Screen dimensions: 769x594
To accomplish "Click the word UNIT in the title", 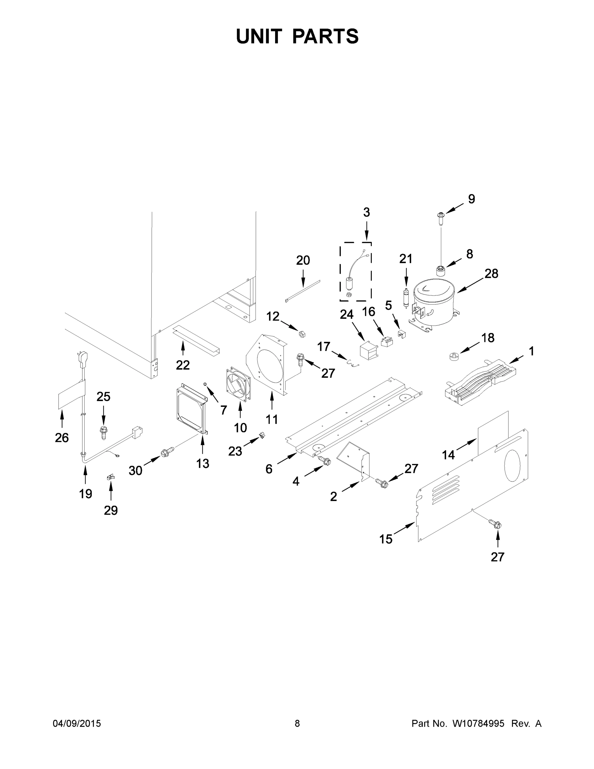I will pos(259,37).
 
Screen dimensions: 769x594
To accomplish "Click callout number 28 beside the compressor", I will pos(491,274).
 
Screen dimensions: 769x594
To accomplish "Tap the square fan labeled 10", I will pos(238,384).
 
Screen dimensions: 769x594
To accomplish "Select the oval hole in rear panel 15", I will pos(512,466).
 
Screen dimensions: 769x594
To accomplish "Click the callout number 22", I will pos(183,365).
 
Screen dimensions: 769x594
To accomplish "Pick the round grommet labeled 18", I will pos(455,356).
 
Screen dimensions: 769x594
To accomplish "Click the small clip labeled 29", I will pos(110,477).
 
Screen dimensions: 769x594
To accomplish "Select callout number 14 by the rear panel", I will pos(448,456).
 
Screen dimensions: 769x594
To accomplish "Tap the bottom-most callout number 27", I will pos(497,557).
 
